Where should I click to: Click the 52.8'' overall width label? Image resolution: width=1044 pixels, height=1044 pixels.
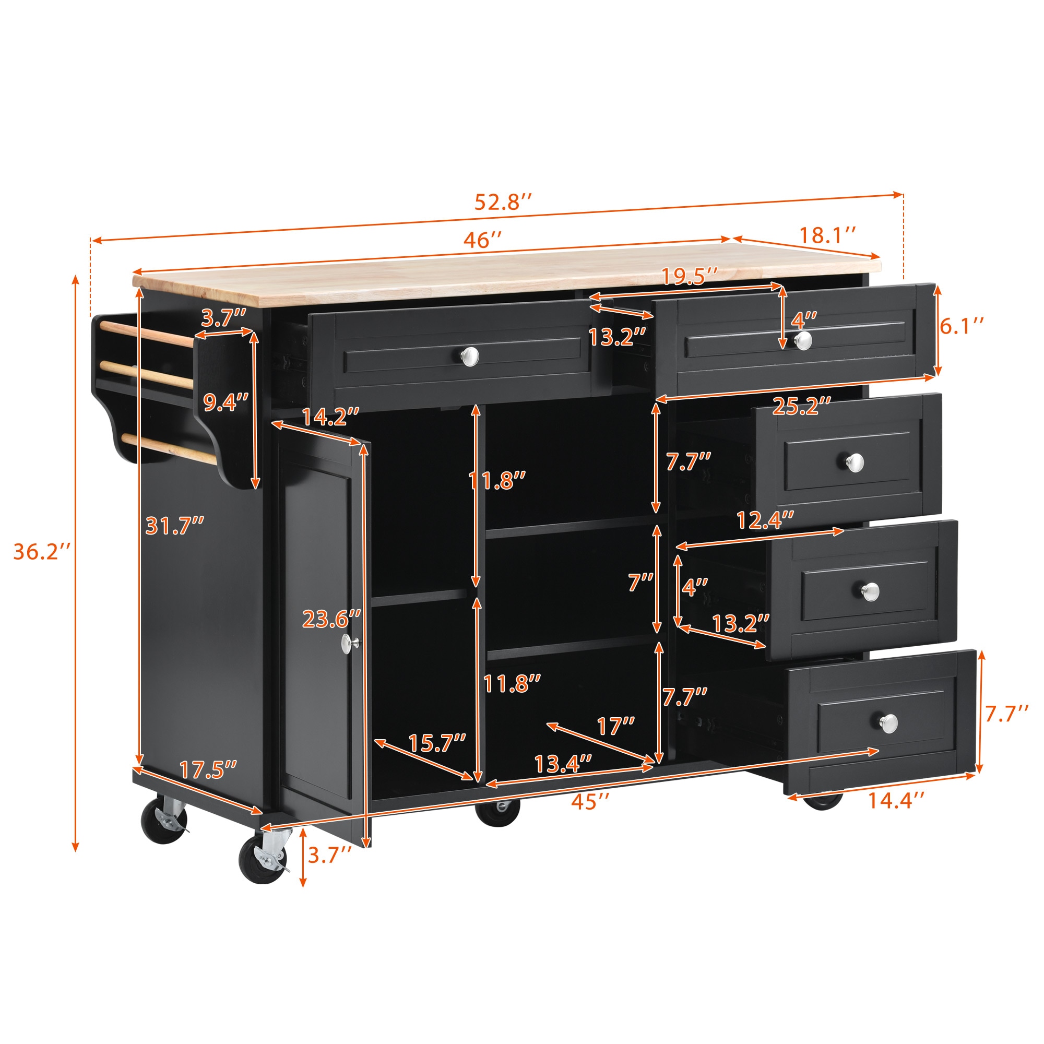503,202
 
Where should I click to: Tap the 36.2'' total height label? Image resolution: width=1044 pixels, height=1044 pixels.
42,552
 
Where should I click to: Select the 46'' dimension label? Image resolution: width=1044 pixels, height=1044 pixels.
482,240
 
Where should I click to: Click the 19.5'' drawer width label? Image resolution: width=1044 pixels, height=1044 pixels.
690,276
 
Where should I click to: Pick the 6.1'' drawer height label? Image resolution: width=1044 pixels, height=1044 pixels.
962,326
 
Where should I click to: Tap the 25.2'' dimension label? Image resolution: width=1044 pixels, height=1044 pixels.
801,406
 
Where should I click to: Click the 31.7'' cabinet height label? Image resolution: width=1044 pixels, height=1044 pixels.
174,526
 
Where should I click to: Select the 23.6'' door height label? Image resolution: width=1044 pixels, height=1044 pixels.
331,619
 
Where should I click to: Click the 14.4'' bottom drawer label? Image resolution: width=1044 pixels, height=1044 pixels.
896,800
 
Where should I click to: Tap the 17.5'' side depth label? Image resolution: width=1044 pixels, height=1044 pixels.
208,770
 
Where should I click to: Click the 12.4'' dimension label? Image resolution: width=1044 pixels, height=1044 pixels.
765,520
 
